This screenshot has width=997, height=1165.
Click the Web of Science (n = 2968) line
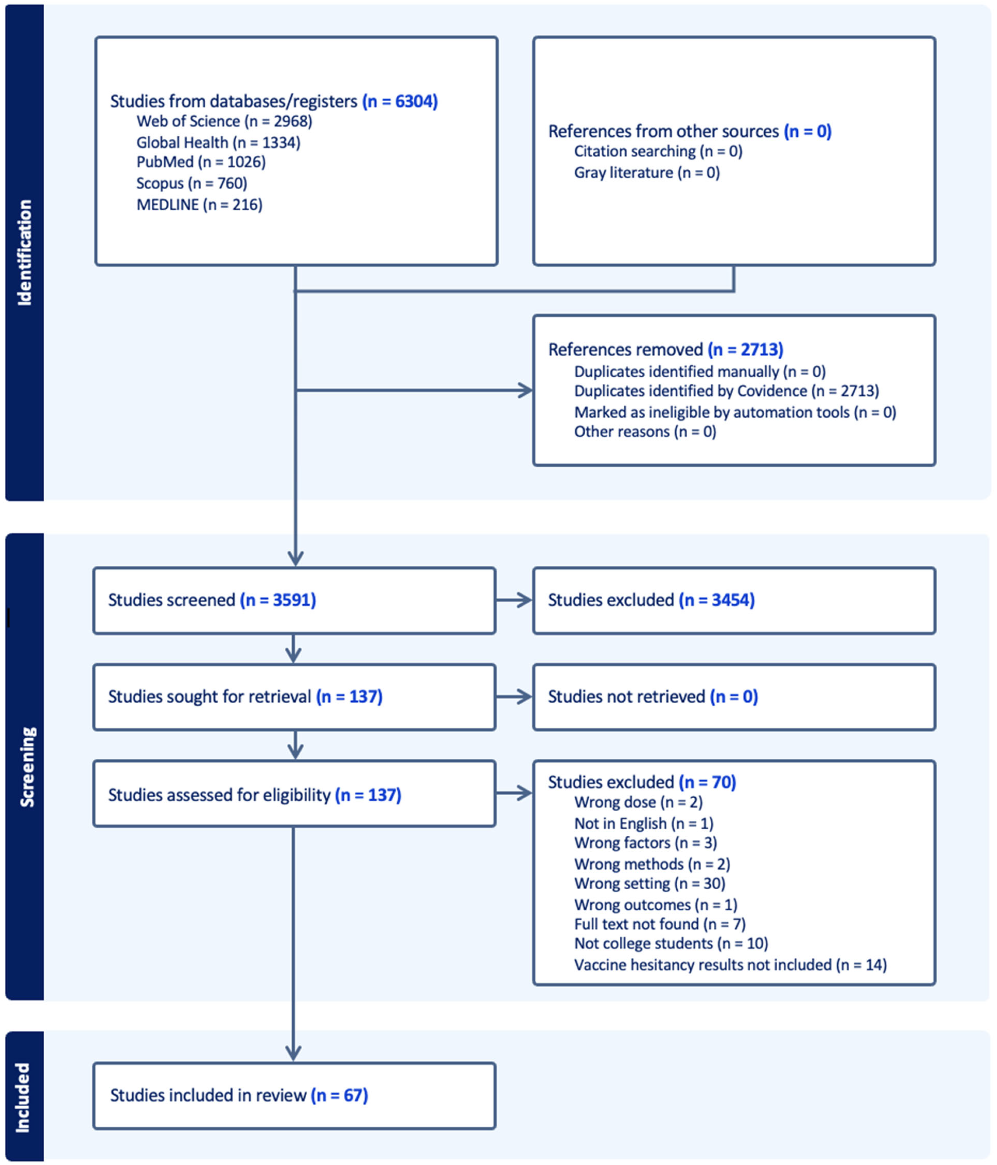pos(224,122)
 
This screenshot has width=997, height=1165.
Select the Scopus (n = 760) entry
pos(191,183)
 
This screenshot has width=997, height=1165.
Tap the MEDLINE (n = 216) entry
pos(199,205)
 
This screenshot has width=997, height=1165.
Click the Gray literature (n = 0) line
pos(646,173)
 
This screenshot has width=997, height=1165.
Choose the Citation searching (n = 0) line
pos(658,151)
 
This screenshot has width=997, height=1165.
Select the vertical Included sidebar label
pos(22,1097)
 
